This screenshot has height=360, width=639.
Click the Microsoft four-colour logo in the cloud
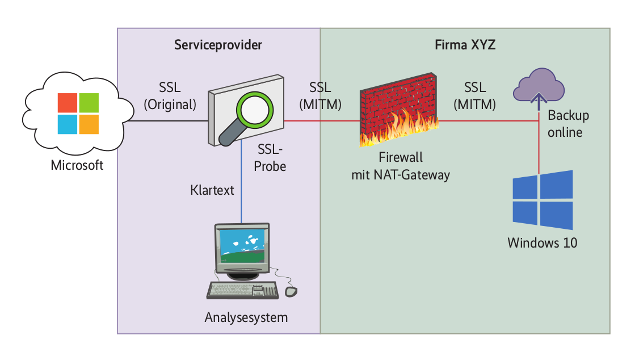click(x=78, y=112)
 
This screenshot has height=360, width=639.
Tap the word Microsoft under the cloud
click(x=77, y=166)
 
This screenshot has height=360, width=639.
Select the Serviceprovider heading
click(x=218, y=45)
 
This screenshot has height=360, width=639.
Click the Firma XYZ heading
click(x=465, y=45)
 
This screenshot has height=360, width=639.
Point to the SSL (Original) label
click(x=170, y=96)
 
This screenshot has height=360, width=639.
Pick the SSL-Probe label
click(x=271, y=158)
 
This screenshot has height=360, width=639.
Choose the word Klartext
click(x=212, y=190)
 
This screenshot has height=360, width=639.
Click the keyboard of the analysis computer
click(x=243, y=290)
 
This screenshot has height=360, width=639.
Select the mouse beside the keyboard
click(x=291, y=291)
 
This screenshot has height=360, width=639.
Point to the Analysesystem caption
click(x=246, y=317)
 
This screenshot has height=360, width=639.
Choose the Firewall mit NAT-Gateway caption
click(x=401, y=166)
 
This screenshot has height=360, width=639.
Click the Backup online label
click(x=567, y=124)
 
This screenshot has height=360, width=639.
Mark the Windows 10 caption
click(x=542, y=243)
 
